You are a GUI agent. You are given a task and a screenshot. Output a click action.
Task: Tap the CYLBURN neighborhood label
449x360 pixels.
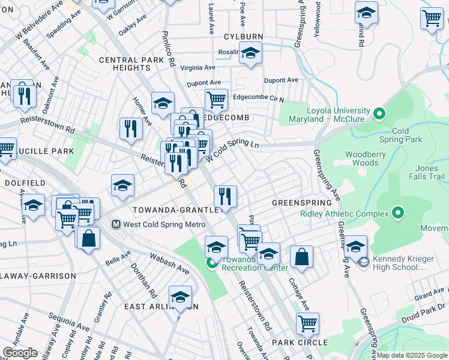(x=243, y=36)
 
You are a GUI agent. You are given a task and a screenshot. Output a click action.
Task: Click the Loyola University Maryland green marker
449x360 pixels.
(x=379, y=113)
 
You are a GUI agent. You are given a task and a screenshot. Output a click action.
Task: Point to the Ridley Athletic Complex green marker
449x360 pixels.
(x=397, y=212)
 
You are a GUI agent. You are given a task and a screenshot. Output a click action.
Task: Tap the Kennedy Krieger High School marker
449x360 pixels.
(x=363, y=262)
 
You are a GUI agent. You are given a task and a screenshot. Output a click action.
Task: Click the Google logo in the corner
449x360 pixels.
(x=20, y=353)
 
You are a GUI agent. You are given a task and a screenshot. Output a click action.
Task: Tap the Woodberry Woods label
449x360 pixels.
(x=361, y=158)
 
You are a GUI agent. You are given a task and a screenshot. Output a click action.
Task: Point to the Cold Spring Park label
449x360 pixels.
(x=409, y=135)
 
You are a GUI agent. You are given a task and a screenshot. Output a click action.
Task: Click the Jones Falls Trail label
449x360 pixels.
(x=427, y=172)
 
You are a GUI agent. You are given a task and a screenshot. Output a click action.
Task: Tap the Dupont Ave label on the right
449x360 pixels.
(x=281, y=80)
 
